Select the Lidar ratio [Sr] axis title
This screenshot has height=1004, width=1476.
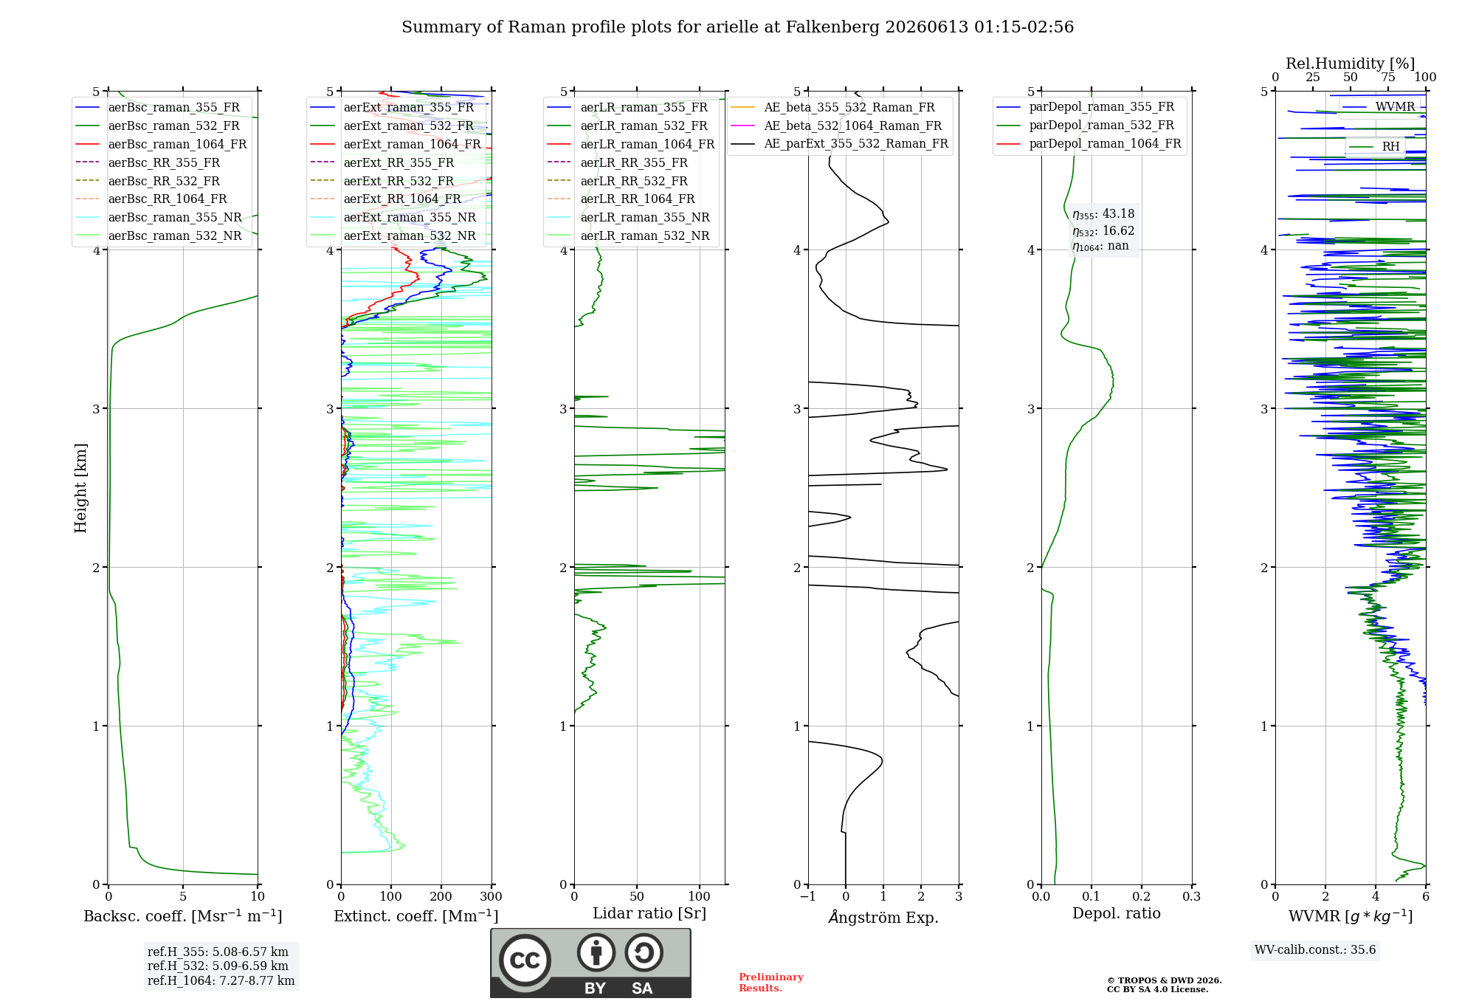[649, 914]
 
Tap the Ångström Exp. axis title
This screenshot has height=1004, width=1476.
[883, 917]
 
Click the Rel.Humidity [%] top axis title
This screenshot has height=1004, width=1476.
[1351, 63]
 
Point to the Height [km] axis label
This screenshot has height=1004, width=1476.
[80, 488]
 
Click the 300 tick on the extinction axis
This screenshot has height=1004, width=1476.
[491, 897]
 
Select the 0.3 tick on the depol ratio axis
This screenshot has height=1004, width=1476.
[1191, 897]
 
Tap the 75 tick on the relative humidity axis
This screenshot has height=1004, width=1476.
[1388, 78]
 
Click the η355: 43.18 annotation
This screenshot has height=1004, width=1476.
[1103, 214]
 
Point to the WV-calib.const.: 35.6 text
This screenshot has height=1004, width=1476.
[1315, 950]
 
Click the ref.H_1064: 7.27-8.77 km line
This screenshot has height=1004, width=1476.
[221, 981]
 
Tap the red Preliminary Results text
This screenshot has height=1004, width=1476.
[771, 983]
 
